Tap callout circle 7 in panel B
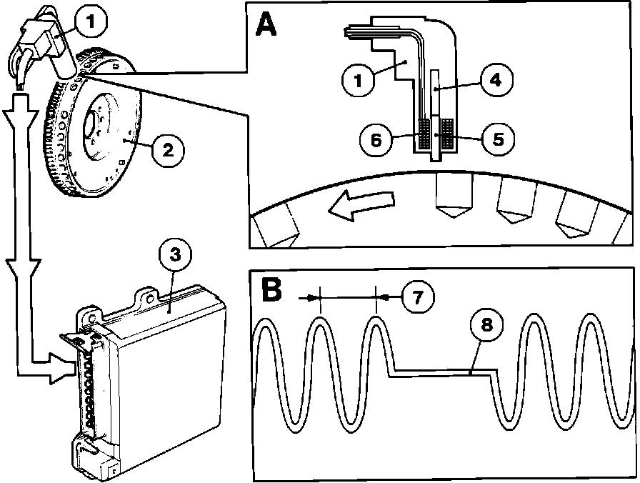point(417,297)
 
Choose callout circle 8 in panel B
point(486,326)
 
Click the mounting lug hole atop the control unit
point(151,292)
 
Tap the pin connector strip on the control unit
point(88,386)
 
